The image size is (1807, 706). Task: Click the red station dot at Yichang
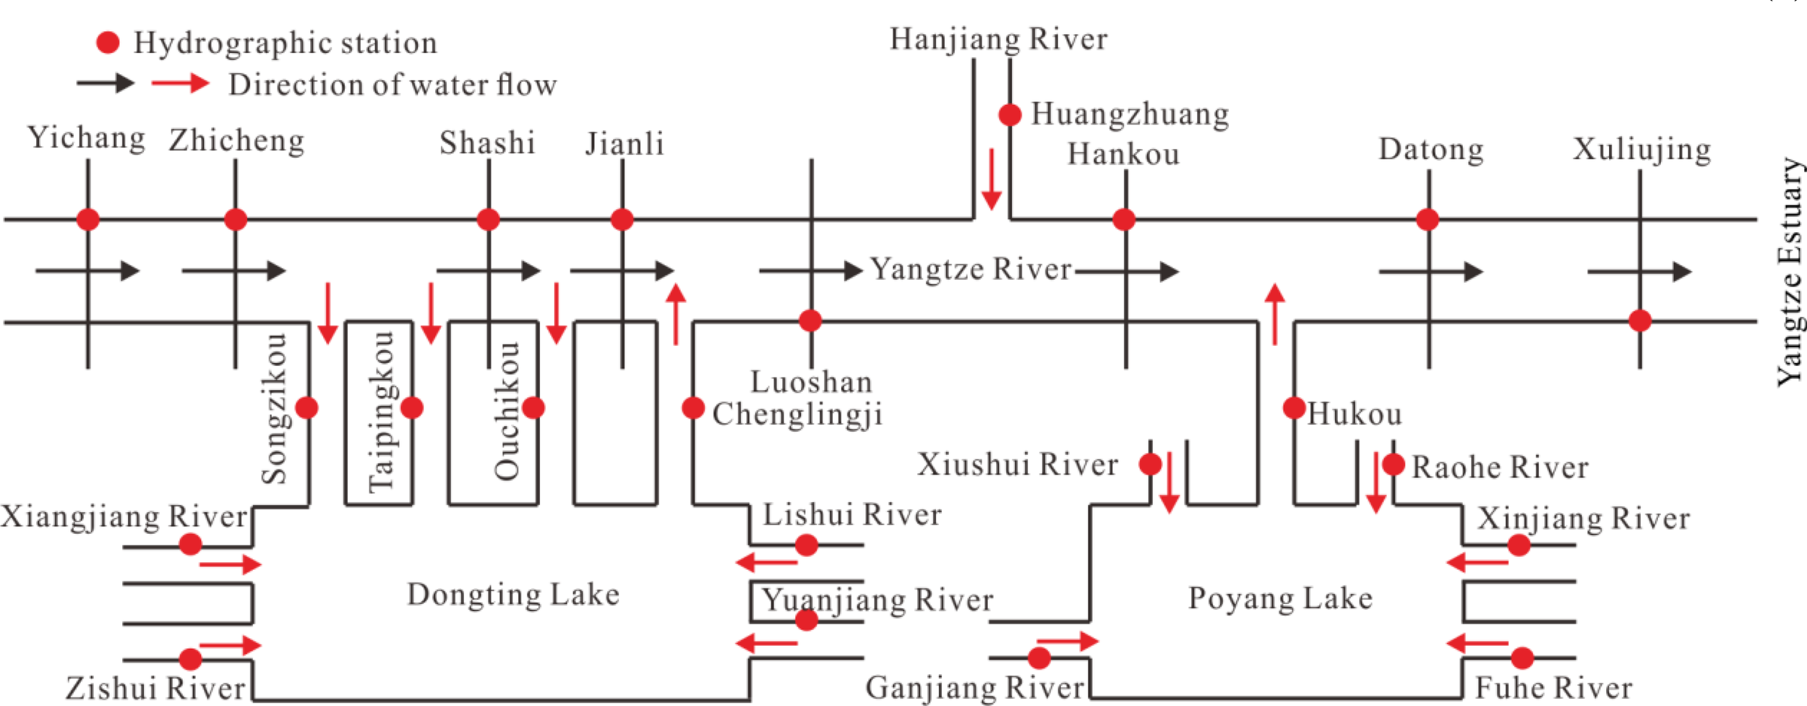87,219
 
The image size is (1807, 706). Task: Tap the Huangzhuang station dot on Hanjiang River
1010,114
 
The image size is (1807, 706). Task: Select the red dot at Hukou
1294,408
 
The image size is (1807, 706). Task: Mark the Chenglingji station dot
693,408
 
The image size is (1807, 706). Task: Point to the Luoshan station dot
810,320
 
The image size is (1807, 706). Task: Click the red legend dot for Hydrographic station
108,43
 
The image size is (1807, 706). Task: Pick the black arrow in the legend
106,83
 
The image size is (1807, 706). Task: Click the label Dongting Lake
513,595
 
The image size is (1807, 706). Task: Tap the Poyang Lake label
1280,598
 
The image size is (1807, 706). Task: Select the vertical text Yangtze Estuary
1790,271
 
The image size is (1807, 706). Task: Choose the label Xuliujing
1641,150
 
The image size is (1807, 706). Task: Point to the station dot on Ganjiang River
1039,658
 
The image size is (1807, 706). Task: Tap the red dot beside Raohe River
1394,464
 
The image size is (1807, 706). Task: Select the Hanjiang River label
998,38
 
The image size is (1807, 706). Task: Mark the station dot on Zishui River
190,659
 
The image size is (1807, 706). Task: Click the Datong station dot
1427,219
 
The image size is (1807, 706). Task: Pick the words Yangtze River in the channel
970,269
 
